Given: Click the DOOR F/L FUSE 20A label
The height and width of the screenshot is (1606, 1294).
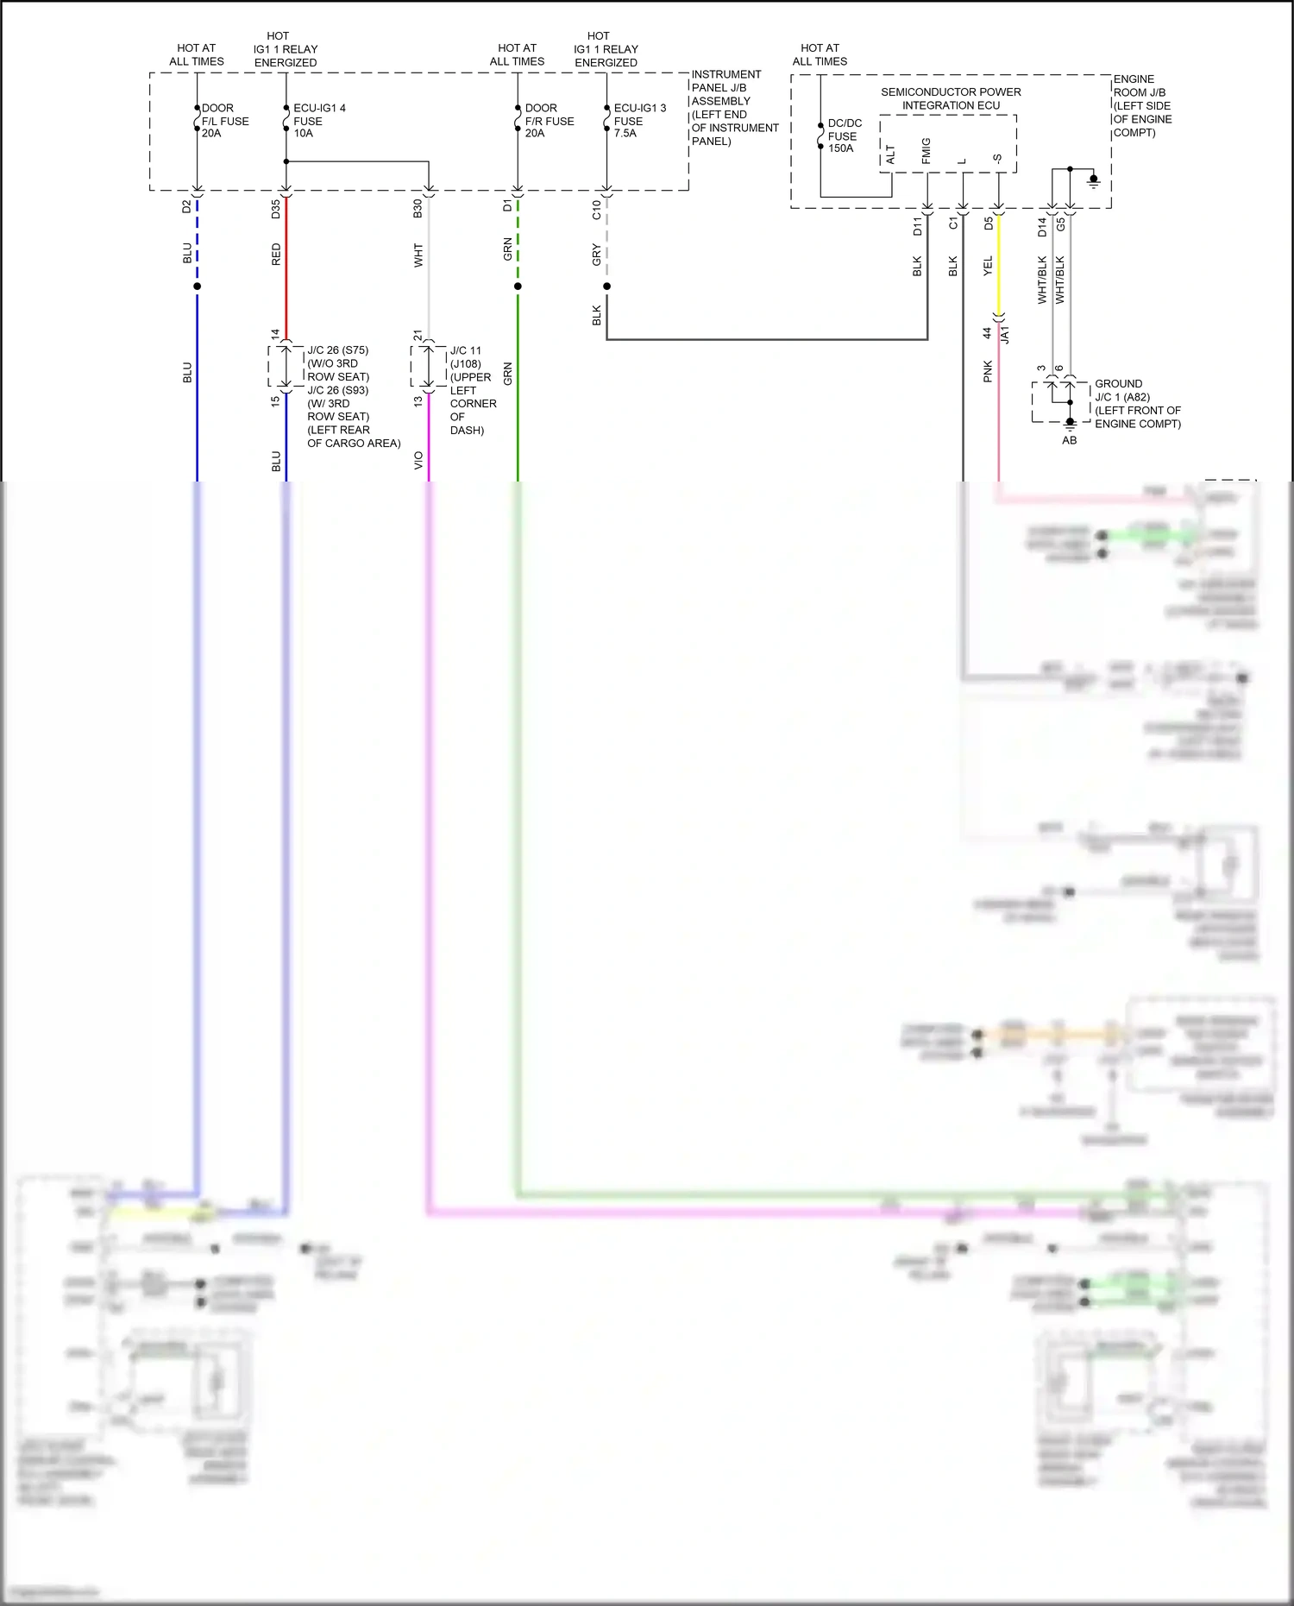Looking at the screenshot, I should coord(224,121).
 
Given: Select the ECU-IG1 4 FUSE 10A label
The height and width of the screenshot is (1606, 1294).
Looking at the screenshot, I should coord(318,121).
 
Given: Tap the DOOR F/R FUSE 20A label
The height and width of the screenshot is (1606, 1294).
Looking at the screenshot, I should coord(549,121).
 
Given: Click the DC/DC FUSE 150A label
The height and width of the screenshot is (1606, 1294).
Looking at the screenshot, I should coord(844,135).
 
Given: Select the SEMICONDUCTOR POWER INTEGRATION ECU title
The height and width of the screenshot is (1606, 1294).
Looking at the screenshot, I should coord(951,98).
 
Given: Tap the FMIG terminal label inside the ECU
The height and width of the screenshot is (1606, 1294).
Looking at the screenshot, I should coord(926,151).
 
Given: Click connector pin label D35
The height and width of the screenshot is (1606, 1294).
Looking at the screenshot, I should coord(276,209).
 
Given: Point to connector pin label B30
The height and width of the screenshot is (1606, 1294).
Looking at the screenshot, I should coord(418,209).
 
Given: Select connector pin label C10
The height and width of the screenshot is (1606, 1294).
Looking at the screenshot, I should coord(596,210).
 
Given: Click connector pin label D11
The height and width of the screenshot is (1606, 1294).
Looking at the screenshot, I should coord(917,226).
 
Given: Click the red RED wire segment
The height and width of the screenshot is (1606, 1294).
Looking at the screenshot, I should coord(286,268).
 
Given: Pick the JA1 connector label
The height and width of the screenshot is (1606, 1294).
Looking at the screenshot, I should coord(1005,335).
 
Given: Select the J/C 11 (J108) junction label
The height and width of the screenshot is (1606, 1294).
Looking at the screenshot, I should coord(466,357).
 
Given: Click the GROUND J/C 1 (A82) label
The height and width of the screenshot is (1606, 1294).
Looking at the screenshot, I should coord(1137,403).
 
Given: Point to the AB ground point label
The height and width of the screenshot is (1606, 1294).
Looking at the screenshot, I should coord(1069,440).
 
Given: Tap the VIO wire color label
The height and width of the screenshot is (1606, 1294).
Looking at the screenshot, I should coord(418,460).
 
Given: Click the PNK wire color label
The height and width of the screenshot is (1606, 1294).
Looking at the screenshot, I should coord(988,372).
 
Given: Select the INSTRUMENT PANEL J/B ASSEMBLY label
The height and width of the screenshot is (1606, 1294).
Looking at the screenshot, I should coord(733,107).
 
